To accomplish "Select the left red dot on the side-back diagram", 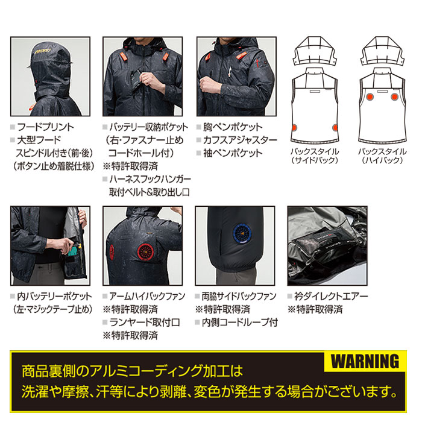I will (296, 127).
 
